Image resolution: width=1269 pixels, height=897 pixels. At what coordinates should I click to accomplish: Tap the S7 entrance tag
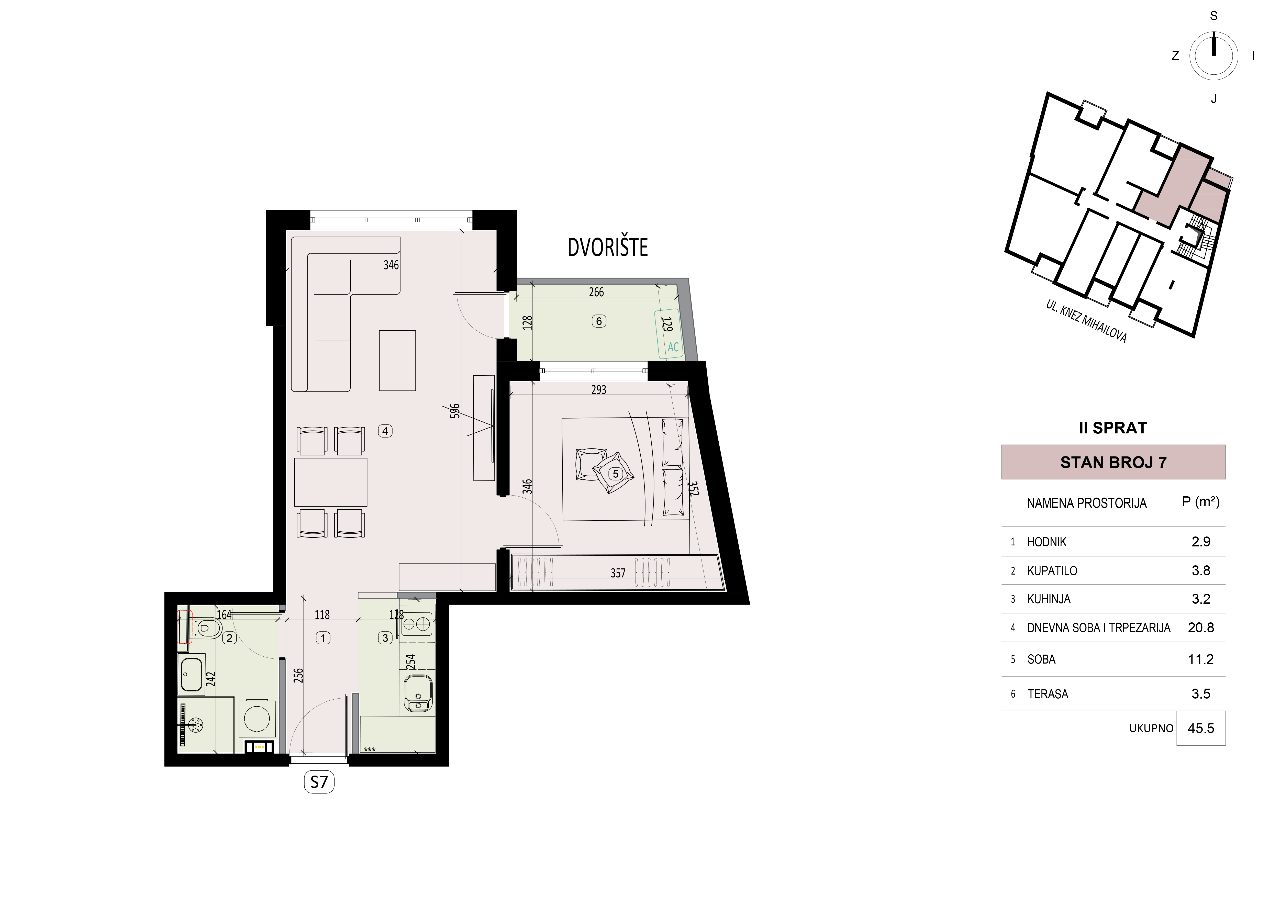(x=319, y=782)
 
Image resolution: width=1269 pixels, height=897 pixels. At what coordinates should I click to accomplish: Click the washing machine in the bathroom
(x=257, y=719)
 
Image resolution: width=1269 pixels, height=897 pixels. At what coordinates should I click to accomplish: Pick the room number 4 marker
(x=385, y=431)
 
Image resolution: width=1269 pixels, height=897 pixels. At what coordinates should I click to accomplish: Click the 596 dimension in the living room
(x=455, y=411)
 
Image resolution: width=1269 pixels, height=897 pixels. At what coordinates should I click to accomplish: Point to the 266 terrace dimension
(x=596, y=292)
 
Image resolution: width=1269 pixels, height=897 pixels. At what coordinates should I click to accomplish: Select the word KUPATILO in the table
(x=1052, y=571)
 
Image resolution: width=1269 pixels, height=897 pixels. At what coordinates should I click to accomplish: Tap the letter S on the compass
(x=1214, y=16)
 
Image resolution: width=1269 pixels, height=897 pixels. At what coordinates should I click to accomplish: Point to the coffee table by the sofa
(x=397, y=360)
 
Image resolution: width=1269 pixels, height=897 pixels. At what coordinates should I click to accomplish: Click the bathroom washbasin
(x=191, y=674)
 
